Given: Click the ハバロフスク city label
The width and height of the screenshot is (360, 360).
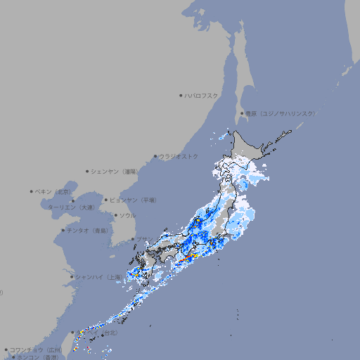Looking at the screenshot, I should pyautogui.click(x=202, y=95).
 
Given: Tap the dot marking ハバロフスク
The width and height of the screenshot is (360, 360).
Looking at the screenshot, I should pyautogui.click(x=181, y=95).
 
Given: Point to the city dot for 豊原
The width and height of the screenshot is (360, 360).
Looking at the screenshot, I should pyautogui.click(x=242, y=113).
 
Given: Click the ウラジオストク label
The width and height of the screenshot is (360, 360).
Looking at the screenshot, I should pyautogui.click(x=179, y=156).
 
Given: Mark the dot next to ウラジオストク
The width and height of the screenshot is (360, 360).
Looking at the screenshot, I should pyautogui.click(x=155, y=156).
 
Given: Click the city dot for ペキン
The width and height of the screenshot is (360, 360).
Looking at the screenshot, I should pyautogui.click(x=32, y=191).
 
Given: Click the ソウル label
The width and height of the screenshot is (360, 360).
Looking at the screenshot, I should pyautogui.click(x=127, y=215).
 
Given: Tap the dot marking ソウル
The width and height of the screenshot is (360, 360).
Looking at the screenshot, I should pyautogui.click(x=115, y=215).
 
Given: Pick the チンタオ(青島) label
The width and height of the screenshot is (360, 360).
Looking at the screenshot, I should pyautogui.click(x=88, y=230).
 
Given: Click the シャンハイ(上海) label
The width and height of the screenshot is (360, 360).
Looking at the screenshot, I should pyautogui.click(x=98, y=277).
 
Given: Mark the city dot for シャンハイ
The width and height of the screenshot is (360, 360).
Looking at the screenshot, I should pyautogui.click(x=72, y=277).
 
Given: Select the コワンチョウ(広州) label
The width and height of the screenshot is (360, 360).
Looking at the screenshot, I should pyautogui.click(x=36, y=349).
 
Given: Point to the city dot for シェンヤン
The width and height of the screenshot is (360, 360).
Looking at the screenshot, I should pyautogui.click(x=87, y=171).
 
